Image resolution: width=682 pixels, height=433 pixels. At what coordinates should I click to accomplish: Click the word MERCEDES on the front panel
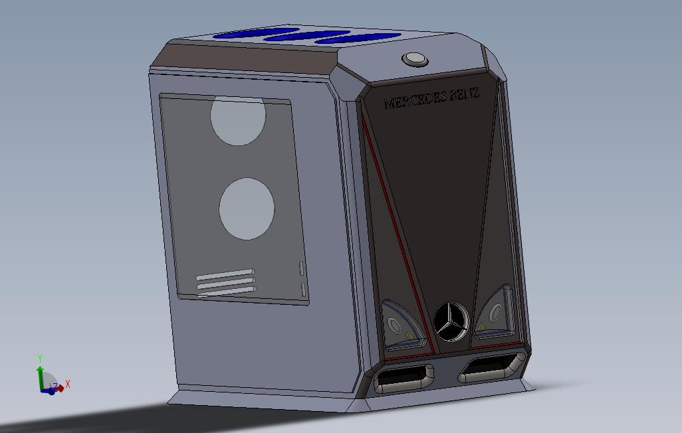click(x=415, y=101)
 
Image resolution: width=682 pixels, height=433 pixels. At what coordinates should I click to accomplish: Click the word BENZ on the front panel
click(x=465, y=95)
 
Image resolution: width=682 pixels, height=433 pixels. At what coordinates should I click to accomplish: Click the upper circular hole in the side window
click(x=238, y=120)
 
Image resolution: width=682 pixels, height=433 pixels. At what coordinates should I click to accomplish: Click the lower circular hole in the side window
click(x=247, y=209)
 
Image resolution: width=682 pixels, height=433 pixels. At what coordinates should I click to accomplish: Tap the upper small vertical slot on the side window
click(x=300, y=268)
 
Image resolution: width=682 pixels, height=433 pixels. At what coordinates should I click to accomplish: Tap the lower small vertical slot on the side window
click(x=304, y=290)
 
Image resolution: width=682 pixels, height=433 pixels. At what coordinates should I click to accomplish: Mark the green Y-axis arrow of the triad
click(x=40, y=375)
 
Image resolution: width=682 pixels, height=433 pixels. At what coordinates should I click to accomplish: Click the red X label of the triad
click(x=68, y=384)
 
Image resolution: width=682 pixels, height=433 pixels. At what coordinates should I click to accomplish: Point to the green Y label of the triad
click(x=40, y=359)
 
